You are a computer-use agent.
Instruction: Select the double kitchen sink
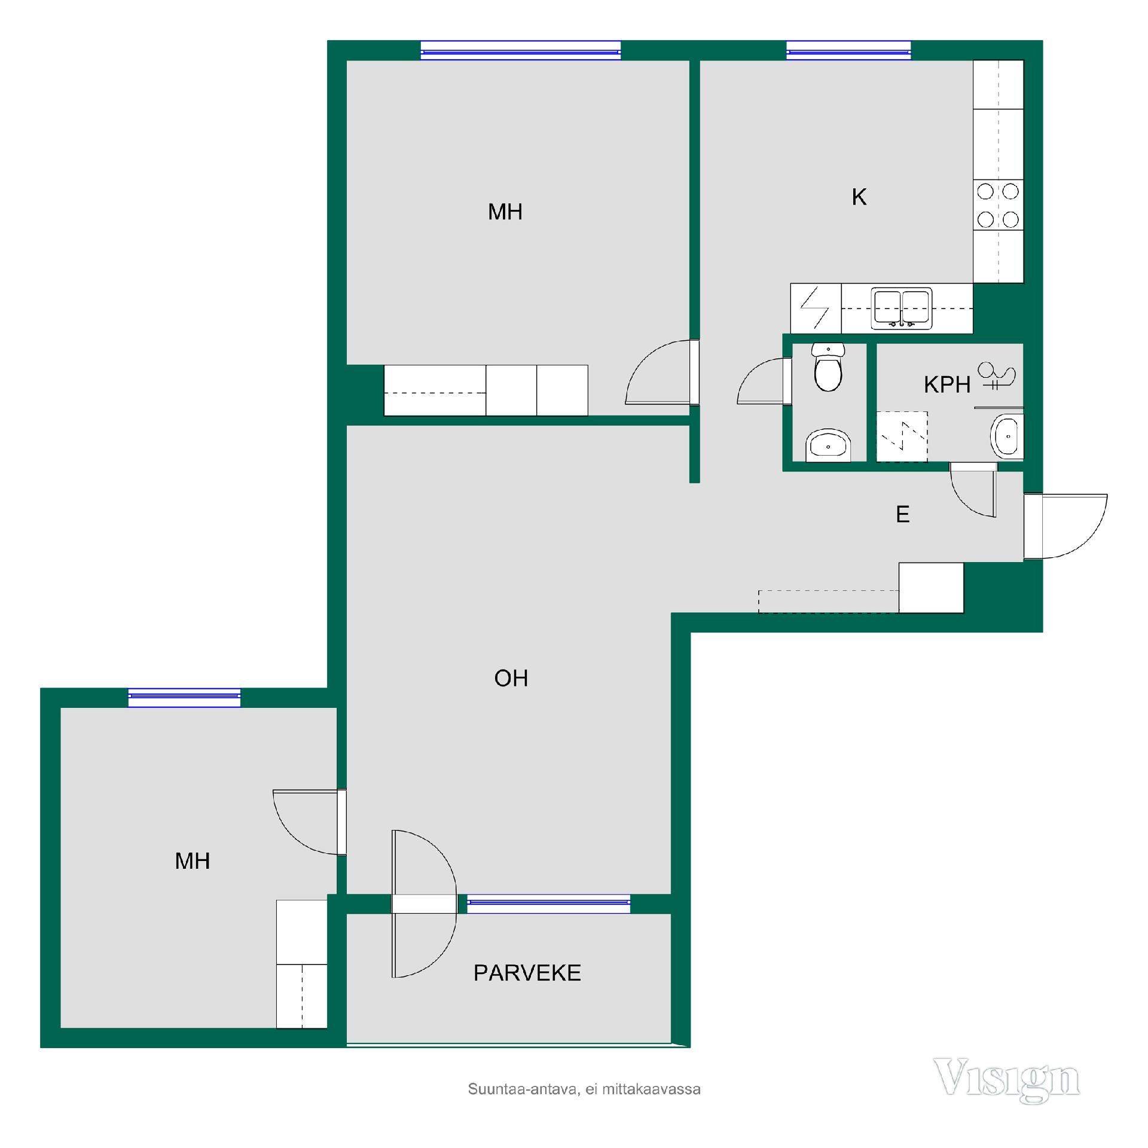pos(902,309)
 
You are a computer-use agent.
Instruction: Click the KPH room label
pos(947,385)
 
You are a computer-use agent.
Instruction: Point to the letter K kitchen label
pos(859,197)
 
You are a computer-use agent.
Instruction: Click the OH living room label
pos(511,678)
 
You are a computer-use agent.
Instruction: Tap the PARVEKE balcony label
pos(527,973)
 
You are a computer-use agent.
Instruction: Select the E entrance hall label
pos(903,514)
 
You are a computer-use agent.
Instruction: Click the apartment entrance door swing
pos(1065,526)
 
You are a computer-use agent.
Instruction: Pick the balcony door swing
pos(424,903)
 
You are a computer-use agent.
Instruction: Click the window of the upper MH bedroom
pos(521,51)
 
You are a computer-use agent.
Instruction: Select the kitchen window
pos(848,51)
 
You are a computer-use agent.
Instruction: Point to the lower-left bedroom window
pos(184,698)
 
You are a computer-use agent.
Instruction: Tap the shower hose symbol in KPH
pos(996,377)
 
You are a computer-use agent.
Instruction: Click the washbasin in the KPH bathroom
pos(1007,436)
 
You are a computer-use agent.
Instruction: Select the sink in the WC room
pos(828,445)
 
